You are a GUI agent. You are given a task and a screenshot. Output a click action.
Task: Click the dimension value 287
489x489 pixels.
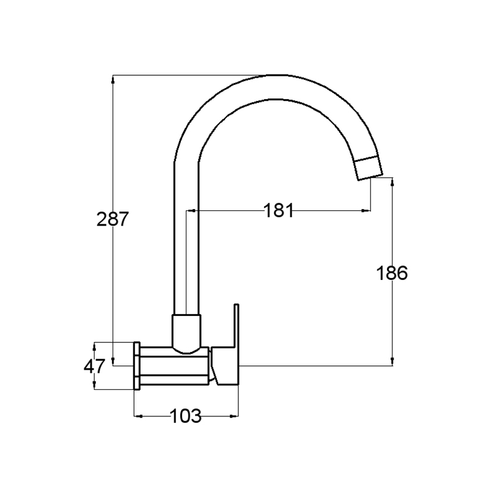[x=112, y=219]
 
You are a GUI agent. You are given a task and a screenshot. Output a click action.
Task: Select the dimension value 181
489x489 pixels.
[x=279, y=210]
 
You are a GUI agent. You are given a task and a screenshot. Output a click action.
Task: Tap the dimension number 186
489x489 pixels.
[x=392, y=273]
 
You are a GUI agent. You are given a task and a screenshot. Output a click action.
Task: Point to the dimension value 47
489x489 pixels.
[x=94, y=366]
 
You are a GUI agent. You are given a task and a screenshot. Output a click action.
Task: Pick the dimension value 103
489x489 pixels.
[x=186, y=416]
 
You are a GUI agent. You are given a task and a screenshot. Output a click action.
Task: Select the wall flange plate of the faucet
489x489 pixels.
[x=136, y=366]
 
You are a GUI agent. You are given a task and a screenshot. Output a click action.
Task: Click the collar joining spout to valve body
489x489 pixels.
[x=186, y=334]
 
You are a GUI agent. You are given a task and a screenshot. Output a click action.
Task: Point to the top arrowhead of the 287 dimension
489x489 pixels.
[x=113, y=79]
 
